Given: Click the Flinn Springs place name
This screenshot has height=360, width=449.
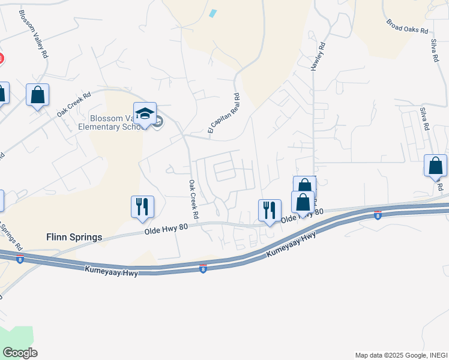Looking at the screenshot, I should (73, 236).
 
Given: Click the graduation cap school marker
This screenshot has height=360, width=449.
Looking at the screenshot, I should (145, 113).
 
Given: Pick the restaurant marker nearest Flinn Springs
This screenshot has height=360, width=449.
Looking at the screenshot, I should (142, 206).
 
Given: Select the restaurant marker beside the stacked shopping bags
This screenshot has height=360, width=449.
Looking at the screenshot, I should (269, 210).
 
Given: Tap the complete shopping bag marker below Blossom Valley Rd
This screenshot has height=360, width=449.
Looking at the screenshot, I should (37, 95).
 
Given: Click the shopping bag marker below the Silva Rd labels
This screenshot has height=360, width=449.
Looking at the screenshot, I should (435, 166).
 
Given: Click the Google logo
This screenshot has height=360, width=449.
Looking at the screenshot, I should (20, 352).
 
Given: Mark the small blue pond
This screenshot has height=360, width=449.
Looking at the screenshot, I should (212, 13).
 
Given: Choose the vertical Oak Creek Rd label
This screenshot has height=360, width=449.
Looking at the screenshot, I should (193, 199).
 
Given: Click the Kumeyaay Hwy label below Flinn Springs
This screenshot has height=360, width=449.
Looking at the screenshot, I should (112, 272).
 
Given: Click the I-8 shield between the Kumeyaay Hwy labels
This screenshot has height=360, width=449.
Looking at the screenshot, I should (203, 269).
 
